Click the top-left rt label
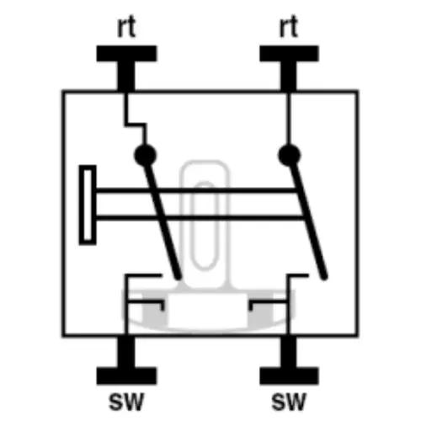[126, 26]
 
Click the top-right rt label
[289, 26]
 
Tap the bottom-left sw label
[126, 402]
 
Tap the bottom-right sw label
[289, 402]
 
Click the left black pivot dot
[145, 155]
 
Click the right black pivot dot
[290, 155]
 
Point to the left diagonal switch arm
[163, 221]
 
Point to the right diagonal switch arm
[308, 221]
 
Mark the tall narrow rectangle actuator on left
[88, 205]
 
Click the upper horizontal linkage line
[196, 191]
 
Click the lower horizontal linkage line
[200, 217]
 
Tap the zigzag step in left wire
[136, 125]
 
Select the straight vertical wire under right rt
[289, 118]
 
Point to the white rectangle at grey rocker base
[208, 310]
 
